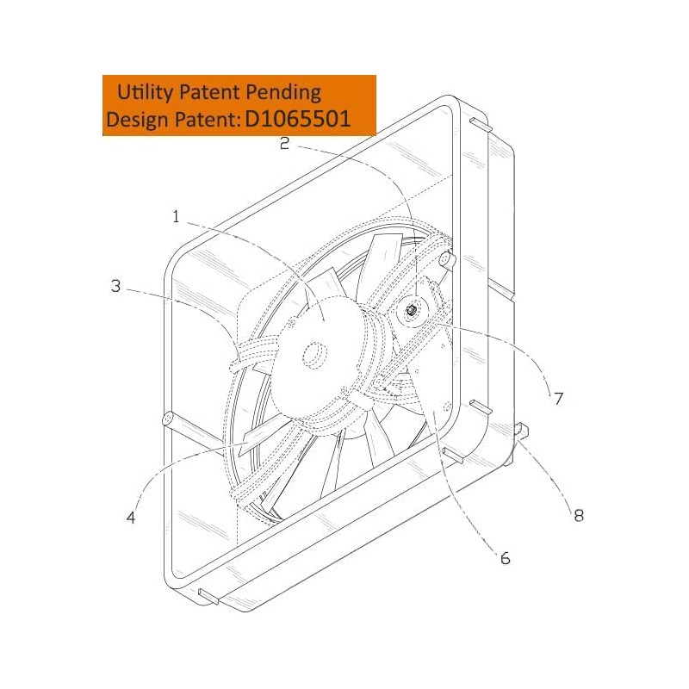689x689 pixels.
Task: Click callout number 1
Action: (x=176, y=217)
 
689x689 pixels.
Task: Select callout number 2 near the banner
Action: (x=284, y=144)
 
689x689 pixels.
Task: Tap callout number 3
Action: (x=115, y=286)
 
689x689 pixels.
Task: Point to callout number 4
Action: (x=131, y=518)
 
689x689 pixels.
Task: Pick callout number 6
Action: (x=505, y=558)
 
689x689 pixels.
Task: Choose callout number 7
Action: (x=558, y=398)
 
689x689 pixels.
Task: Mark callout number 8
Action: (x=579, y=515)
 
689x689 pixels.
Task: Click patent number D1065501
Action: (x=298, y=119)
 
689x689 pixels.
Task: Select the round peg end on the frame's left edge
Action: (x=169, y=420)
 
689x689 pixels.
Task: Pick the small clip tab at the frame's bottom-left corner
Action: (x=208, y=593)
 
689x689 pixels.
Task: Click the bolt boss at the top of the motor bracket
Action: (x=444, y=258)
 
